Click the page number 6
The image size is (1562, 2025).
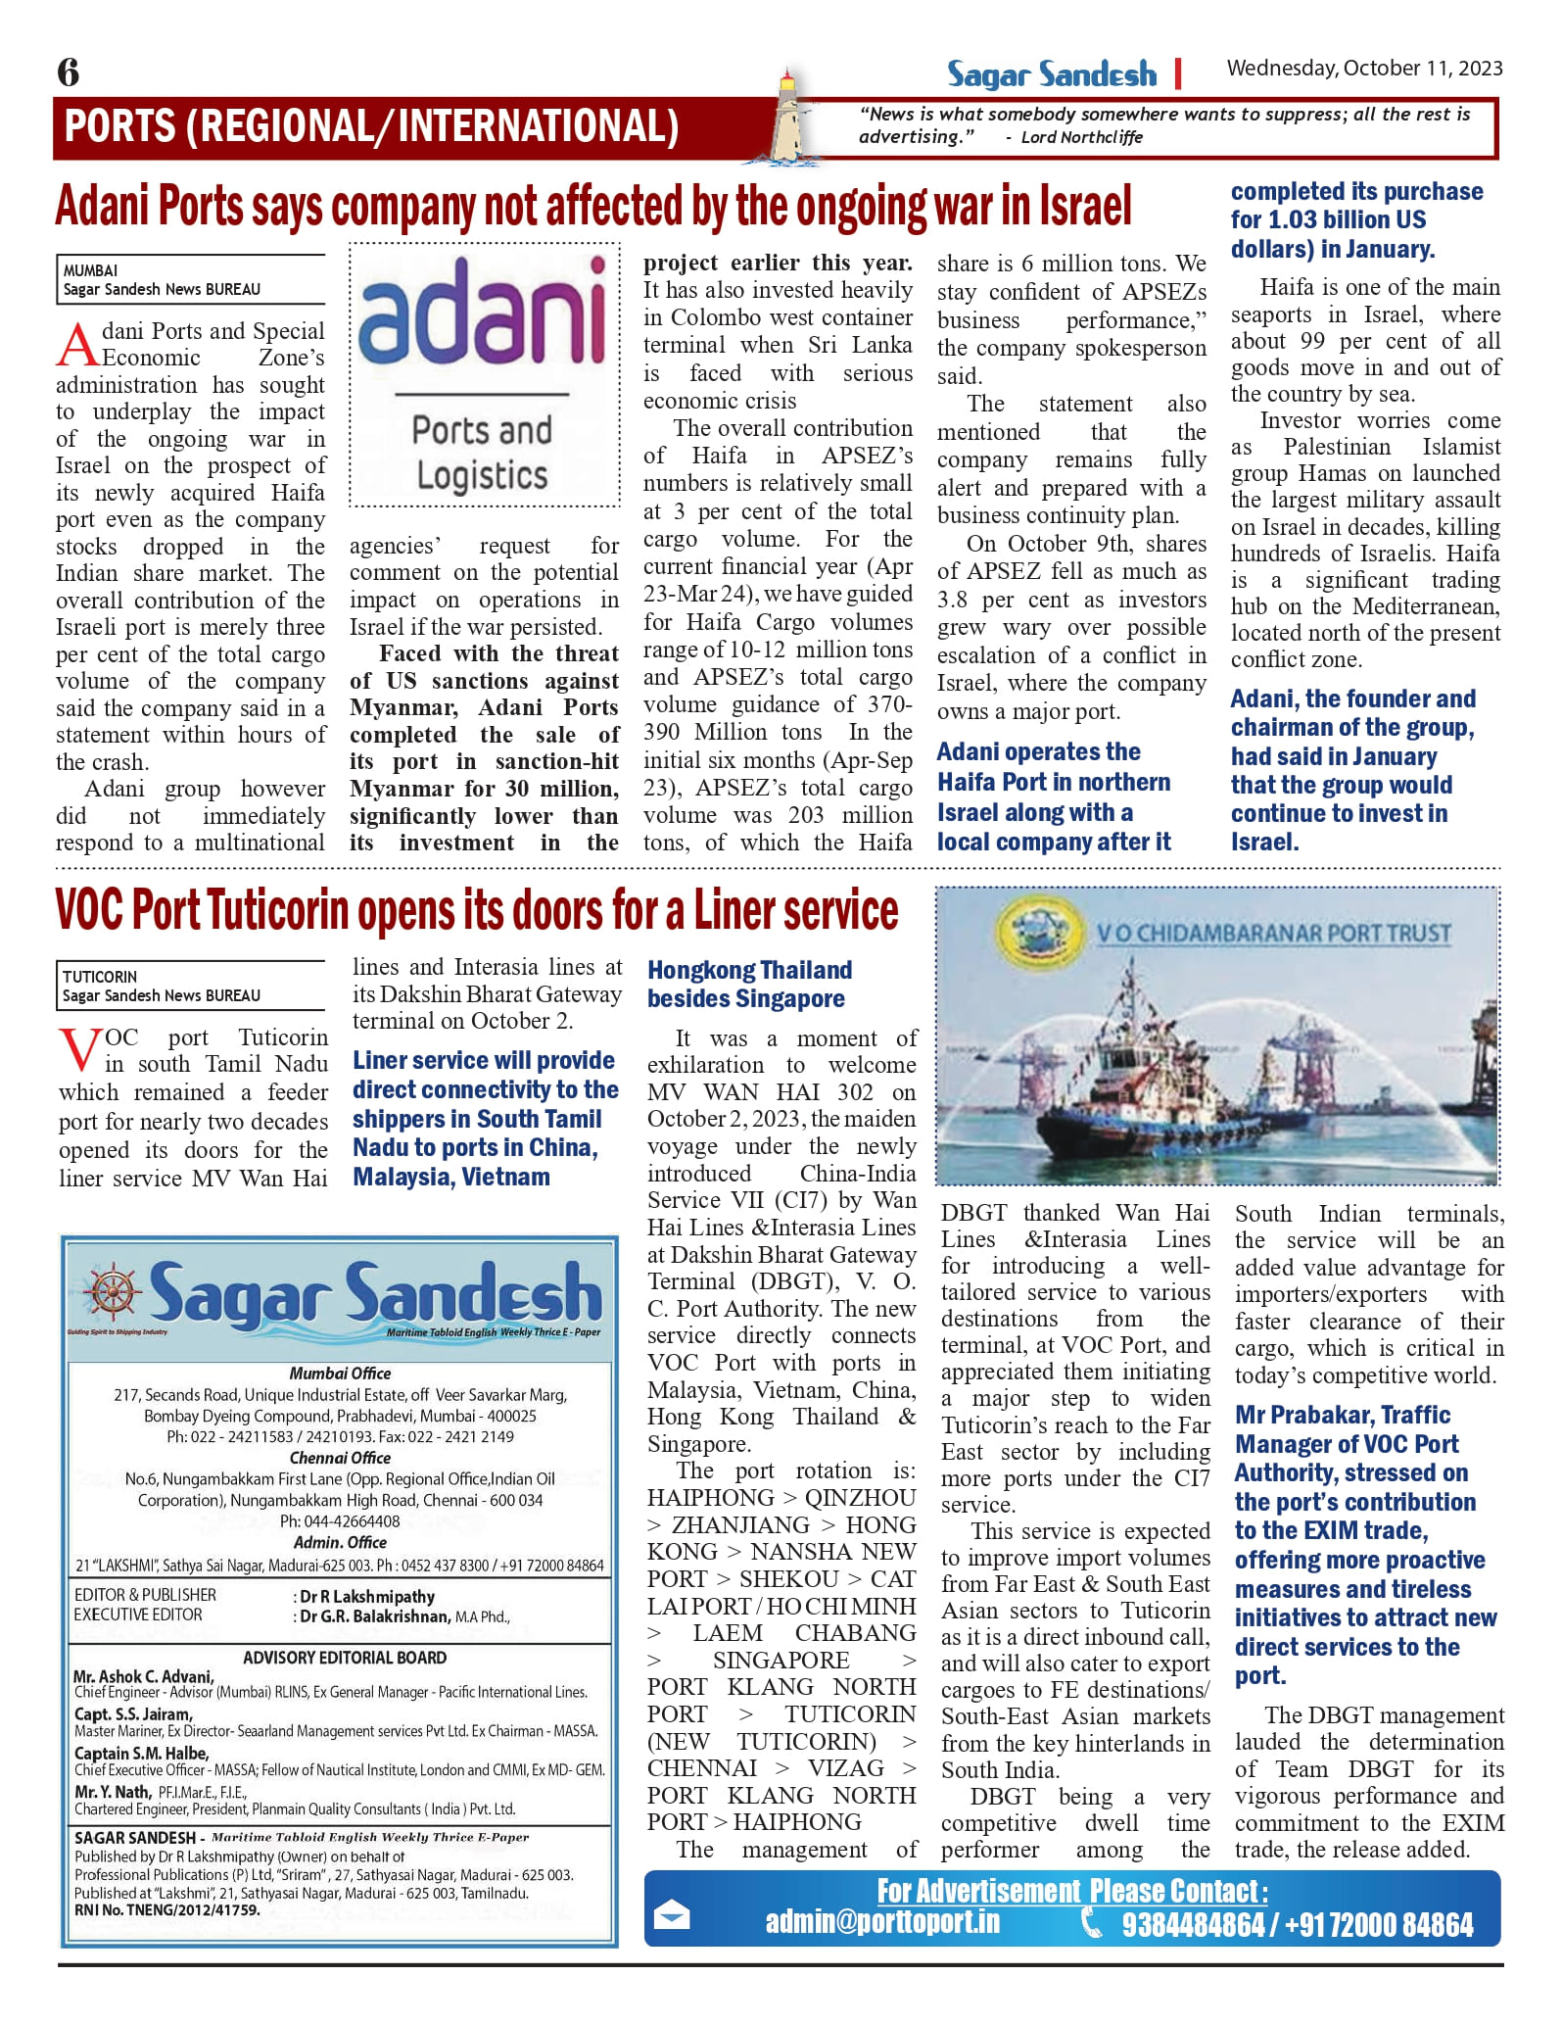(x=69, y=72)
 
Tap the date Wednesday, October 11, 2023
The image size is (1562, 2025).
(x=1364, y=69)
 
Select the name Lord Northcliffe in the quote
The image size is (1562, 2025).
(x=1081, y=137)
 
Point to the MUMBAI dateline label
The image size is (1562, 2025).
(x=90, y=270)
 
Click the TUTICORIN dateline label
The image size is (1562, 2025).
(x=100, y=977)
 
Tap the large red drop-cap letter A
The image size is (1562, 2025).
(x=77, y=345)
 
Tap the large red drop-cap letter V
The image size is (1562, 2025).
(x=78, y=1051)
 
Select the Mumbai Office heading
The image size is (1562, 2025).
(x=340, y=1374)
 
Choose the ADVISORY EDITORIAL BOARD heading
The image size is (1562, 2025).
(x=345, y=1658)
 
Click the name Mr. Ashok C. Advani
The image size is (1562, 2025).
(x=143, y=1676)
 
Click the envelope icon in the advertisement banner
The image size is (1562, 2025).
(x=671, y=1916)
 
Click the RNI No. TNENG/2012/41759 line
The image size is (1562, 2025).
(x=167, y=1909)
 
